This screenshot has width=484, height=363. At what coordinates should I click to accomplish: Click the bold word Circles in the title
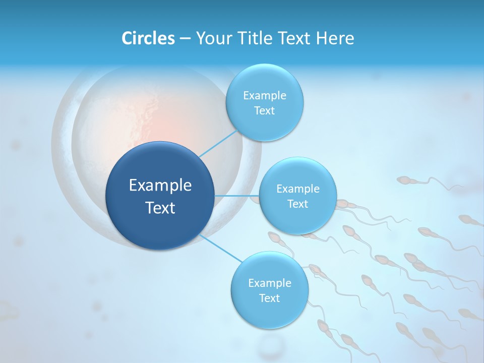coord(148,38)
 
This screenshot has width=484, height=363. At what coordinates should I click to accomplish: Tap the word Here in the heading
coord(335,38)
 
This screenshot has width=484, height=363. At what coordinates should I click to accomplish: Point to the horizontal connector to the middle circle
coord(236,196)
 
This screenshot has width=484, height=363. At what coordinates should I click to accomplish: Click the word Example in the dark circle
coord(160,186)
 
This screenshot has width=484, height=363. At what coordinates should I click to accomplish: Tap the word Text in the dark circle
coord(160,208)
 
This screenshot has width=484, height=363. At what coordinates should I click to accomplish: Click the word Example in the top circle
coord(265,96)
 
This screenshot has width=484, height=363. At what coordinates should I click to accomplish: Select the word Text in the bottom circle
coord(269,298)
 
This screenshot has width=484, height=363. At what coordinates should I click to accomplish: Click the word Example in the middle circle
coord(298,189)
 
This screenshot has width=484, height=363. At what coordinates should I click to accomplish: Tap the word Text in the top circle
coord(265,111)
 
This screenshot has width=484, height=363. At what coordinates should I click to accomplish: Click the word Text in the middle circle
coord(298,204)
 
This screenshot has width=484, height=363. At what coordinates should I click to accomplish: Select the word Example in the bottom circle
coord(270,283)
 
